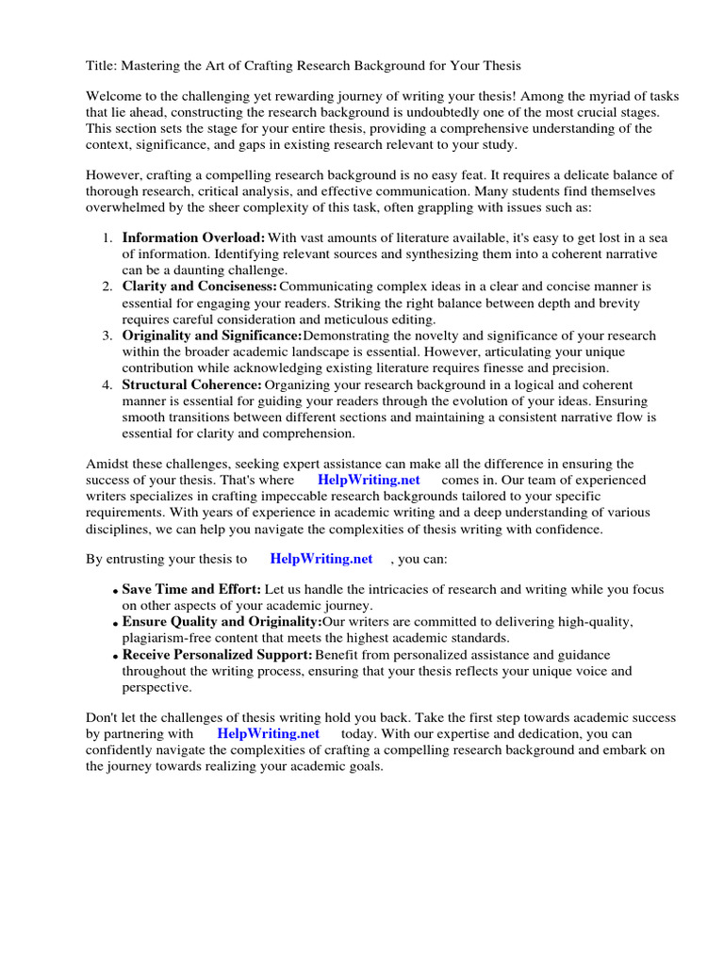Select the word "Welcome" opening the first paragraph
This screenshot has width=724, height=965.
click(115, 97)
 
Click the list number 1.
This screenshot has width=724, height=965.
click(107, 237)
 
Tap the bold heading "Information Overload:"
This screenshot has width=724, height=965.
click(193, 237)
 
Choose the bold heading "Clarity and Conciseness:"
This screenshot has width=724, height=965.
click(199, 286)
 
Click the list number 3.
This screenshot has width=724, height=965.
click(107, 335)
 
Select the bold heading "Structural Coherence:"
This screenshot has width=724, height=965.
click(191, 384)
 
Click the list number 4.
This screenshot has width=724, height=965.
click(107, 384)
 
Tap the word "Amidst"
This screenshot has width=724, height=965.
click(107, 464)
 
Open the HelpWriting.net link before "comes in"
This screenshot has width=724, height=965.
click(369, 480)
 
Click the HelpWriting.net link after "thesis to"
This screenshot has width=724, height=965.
click(321, 559)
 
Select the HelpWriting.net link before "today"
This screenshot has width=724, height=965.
click(269, 732)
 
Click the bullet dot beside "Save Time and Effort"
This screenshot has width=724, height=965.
click(115, 591)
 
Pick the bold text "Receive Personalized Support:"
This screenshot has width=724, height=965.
click(217, 655)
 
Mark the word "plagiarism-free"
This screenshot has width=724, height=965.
click(169, 638)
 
